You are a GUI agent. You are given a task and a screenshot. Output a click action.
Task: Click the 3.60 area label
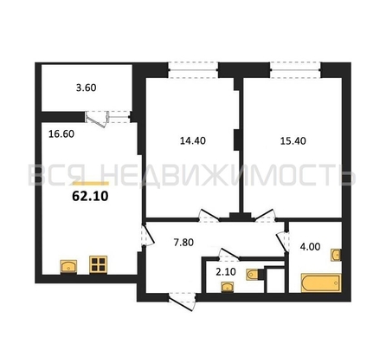pyautogui.click(x=86, y=88)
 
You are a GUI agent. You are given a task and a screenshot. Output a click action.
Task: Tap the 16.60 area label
pyautogui.click(x=61, y=134)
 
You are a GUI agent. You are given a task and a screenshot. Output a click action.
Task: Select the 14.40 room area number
pyautogui.click(x=193, y=140)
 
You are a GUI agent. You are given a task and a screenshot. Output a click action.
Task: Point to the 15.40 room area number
pyautogui.click(x=293, y=141)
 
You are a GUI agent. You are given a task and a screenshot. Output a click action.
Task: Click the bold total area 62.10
pyautogui.click(x=90, y=197)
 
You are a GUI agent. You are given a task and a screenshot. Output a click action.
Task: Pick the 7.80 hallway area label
pyautogui.click(x=183, y=243)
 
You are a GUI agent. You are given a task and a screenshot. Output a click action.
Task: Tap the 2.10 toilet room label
pyautogui.click(x=226, y=272)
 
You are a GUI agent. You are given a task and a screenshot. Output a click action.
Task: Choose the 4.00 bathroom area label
pyautogui.click(x=310, y=247)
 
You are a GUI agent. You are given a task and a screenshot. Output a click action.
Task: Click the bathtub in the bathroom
pyautogui.click(x=321, y=283)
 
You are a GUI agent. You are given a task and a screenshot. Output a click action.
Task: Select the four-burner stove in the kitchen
pyautogui.click(x=98, y=264)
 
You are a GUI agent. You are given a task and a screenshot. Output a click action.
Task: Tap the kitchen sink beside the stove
pyautogui.click(x=68, y=266)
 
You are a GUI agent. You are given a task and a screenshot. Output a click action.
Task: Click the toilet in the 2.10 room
pyautogui.click(x=254, y=275)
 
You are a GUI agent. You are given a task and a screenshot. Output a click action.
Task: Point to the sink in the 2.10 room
pyautogui.click(x=228, y=288)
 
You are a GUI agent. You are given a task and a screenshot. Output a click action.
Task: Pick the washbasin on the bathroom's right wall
pyautogui.click(x=336, y=255)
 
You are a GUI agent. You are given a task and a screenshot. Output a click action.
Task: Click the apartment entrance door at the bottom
pyautogui.click(x=182, y=302)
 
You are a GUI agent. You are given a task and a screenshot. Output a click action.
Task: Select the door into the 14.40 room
pyautogui.click(x=209, y=216)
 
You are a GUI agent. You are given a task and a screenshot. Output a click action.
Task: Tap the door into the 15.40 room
pyautogui.click(x=265, y=216)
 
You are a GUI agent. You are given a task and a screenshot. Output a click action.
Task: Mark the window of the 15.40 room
pyautogui.click(x=295, y=70)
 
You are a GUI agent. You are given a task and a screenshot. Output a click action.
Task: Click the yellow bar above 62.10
pyautogui.click(x=91, y=184)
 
